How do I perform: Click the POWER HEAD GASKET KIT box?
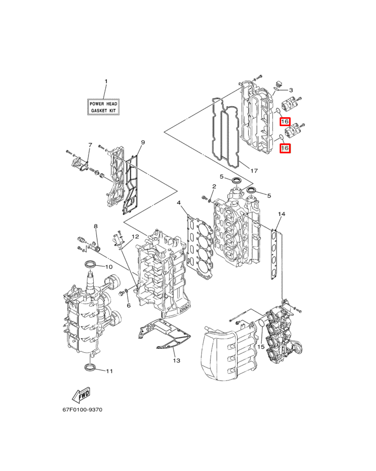103,107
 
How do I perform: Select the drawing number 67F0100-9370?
82,409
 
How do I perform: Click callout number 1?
106,82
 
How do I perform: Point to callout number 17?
254,171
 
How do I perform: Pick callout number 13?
176,360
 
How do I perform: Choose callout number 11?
109,371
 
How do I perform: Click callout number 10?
109,267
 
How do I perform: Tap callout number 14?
281,214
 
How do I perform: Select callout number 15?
261,346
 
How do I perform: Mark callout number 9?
143,142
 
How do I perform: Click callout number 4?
179,203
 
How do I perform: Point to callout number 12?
135,237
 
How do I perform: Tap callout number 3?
291,90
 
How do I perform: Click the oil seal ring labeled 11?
91,367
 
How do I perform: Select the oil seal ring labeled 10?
90,265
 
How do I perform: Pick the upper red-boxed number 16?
285,121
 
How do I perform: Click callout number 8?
96,226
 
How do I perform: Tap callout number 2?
214,186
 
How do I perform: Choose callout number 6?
129,306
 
